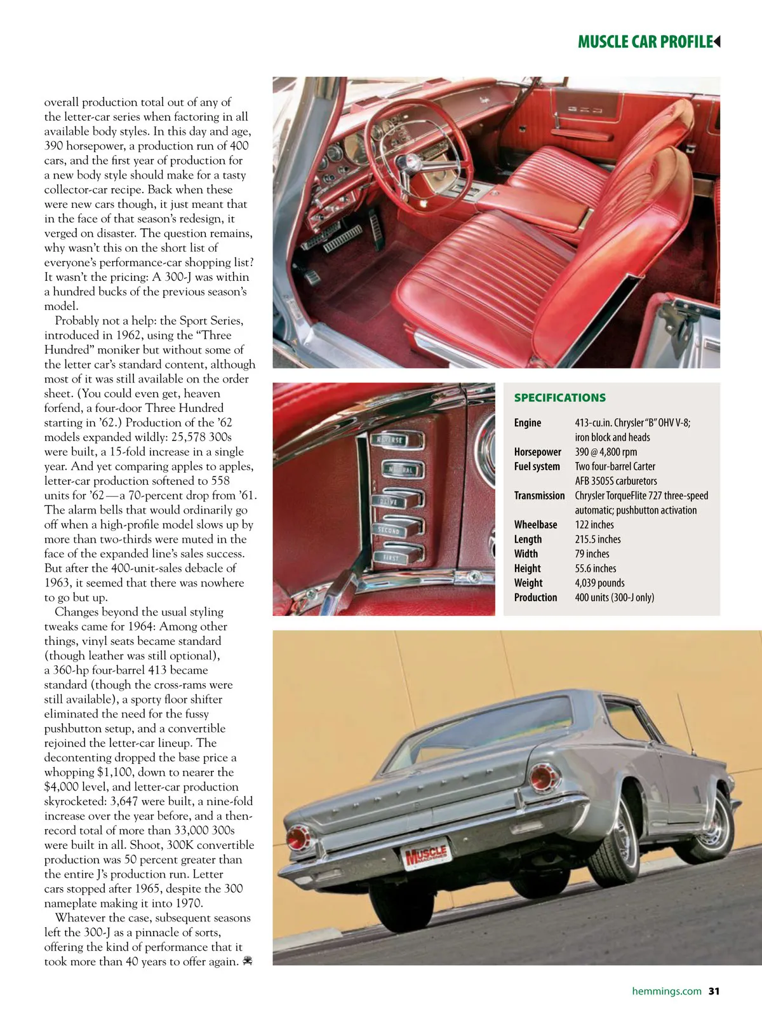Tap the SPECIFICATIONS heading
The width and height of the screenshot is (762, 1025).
[559, 398]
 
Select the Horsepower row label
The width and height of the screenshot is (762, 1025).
[537, 452]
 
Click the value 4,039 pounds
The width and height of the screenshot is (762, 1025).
[599, 583]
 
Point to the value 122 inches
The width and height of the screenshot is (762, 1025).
[594, 525]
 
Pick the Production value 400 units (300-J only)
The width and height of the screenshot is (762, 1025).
[614, 597]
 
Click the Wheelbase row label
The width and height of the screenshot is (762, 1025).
[535, 525]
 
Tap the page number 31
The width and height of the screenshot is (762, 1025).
[714, 991]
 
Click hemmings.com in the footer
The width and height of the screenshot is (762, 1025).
[666, 991]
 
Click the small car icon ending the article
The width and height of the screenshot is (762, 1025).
[247, 961]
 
